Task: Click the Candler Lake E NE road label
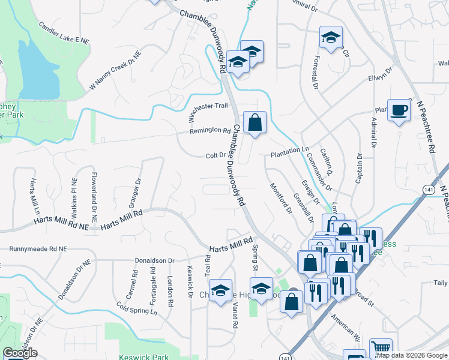click(64, 33)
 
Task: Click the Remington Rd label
click(210, 130)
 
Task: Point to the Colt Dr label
click(215, 155)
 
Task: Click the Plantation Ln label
click(289, 149)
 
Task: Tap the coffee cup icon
click(399, 110)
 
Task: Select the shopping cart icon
click(381, 348)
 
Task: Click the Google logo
click(20, 353)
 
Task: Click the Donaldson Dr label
click(154, 261)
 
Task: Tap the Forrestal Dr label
click(315, 71)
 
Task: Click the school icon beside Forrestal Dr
click(331, 38)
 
